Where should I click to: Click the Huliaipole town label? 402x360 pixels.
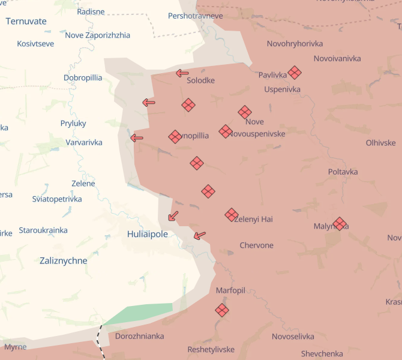148,234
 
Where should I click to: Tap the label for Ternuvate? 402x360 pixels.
26,21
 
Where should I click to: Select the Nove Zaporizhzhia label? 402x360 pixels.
97,35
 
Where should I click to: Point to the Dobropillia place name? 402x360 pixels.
83,78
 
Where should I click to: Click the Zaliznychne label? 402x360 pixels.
63,261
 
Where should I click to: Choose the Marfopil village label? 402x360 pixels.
230,290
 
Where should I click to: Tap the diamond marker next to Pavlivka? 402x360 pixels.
294,73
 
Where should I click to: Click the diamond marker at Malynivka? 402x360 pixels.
340,224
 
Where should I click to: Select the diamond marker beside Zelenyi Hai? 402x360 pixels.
232,214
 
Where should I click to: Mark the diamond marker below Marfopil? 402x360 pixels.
222,310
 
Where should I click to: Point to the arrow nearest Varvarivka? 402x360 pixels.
137,137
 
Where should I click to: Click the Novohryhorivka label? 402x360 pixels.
295,44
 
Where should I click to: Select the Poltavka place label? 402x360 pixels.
343,172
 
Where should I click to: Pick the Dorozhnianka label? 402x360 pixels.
139,336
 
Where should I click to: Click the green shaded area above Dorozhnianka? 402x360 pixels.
141,313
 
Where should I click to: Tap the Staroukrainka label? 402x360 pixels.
43,230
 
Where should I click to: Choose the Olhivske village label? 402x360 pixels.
380,143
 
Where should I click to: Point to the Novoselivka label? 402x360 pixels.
293,337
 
